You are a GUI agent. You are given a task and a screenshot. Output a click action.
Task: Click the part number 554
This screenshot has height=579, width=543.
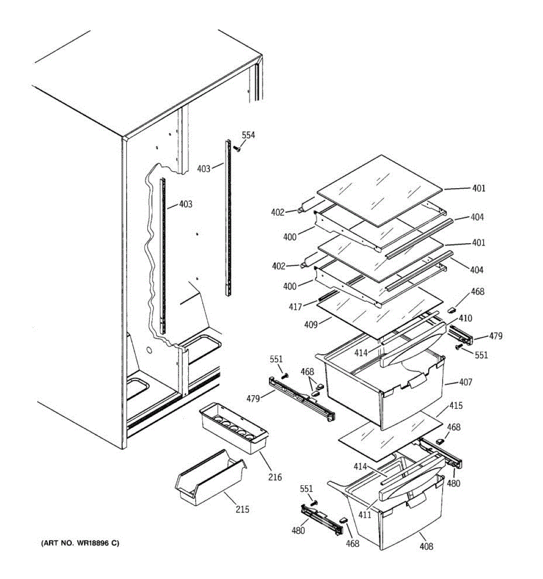pyautogui.click(x=248, y=136)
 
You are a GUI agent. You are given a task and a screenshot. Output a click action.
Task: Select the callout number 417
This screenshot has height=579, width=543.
pyautogui.click(x=295, y=307)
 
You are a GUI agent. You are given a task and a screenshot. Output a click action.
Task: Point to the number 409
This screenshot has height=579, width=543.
pyautogui.click(x=311, y=325)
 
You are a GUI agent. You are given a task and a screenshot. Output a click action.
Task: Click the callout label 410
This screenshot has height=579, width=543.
pyautogui.click(x=465, y=318)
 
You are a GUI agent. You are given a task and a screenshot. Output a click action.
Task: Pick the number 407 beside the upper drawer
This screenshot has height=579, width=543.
pyautogui.click(x=466, y=382)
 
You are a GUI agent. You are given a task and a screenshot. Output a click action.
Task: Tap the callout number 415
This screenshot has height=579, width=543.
pyautogui.click(x=456, y=406)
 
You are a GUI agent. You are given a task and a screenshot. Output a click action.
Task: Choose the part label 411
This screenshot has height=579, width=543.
pyautogui.click(x=364, y=515)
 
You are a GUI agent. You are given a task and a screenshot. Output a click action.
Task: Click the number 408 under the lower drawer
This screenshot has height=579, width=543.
pyautogui.click(x=426, y=546)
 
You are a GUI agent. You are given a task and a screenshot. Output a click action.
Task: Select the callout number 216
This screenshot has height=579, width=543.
pyautogui.click(x=276, y=477)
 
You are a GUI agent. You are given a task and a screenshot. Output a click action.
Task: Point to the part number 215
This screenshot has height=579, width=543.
pyautogui.click(x=242, y=510)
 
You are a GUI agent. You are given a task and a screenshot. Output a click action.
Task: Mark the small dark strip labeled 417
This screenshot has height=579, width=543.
pyautogui.click(x=327, y=295)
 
